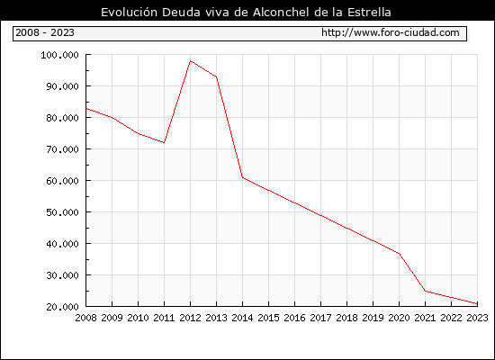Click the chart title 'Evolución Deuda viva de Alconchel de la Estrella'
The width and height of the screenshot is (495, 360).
coord(246,12)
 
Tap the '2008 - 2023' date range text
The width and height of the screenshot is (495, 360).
coord(45,32)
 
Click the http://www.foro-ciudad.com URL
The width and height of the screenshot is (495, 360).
coord(391,32)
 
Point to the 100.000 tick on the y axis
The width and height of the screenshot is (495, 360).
coord(59,55)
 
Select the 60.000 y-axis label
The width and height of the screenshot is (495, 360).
coord(62,181)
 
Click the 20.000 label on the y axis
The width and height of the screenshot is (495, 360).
coord(62,307)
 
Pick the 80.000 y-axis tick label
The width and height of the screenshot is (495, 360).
coord(62,118)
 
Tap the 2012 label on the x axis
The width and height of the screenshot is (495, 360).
coord(190,318)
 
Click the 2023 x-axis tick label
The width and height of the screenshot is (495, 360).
coord(477,318)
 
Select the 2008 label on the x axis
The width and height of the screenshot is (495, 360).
coord(85,318)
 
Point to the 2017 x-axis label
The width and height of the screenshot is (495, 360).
coord(320,318)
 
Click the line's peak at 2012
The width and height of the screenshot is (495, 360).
coord(191,60)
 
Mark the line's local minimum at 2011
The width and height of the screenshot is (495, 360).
coord(164,142)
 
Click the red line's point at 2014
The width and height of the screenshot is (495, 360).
coord(242,177)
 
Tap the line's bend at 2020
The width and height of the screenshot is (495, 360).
coord(399,253)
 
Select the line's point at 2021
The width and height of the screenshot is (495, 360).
coord(425,291)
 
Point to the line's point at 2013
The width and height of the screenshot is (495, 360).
coord(217,76)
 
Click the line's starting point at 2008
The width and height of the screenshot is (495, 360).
coord(86,108)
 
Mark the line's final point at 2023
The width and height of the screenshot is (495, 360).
coord(477,303)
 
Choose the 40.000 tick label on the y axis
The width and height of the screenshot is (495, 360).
coord(62,244)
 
